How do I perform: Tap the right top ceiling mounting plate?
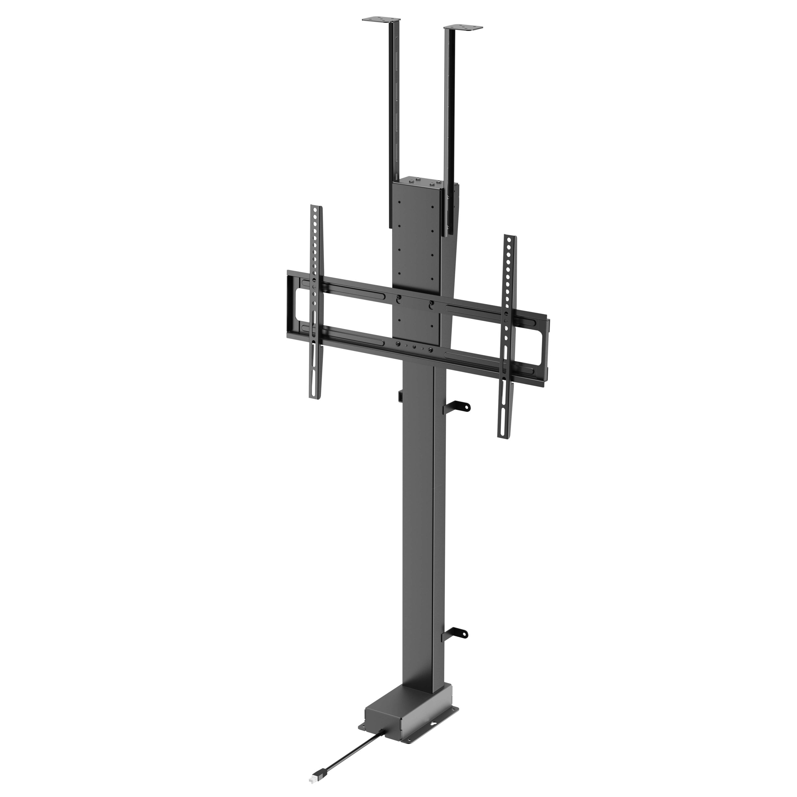click(463, 28)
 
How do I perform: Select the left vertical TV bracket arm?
click(316, 301)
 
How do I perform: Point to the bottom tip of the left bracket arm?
click(316, 396)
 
